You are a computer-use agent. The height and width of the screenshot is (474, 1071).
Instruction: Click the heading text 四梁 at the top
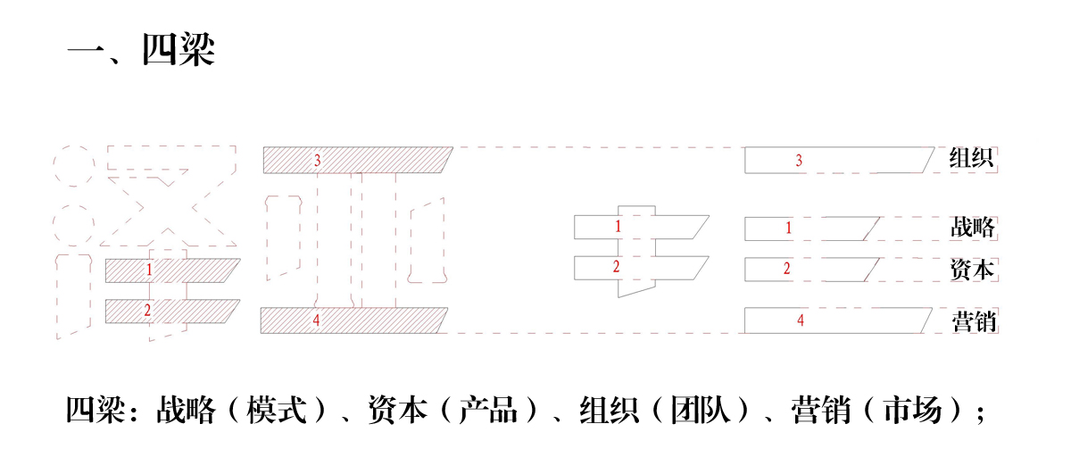tap(178, 49)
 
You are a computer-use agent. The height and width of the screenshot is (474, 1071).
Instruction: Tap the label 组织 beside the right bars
tap(971, 158)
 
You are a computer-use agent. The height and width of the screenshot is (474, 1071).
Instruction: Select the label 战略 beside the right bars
tap(973, 228)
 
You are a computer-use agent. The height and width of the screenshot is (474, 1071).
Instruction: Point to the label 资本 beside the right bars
tap(972, 270)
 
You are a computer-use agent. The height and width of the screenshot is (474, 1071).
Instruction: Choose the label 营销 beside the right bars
tap(974, 321)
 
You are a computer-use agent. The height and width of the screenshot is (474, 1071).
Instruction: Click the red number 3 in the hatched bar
tap(318, 161)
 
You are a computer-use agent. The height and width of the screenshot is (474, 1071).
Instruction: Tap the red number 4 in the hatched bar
tap(316, 320)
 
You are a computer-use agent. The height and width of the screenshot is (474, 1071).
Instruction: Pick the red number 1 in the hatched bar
tap(149, 270)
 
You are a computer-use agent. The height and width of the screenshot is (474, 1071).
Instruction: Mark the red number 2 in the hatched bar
tap(147, 311)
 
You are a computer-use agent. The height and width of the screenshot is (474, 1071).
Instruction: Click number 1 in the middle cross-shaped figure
tap(618, 226)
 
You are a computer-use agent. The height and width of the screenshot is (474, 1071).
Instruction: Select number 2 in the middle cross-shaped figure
tap(617, 266)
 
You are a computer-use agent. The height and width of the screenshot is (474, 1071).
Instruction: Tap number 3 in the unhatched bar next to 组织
tap(799, 161)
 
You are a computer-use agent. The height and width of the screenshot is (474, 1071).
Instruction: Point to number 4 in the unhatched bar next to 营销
tap(801, 320)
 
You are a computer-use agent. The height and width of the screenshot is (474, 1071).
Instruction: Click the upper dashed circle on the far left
tap(73, 166)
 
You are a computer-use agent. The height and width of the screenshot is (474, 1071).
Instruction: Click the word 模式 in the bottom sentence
tap(277, 410)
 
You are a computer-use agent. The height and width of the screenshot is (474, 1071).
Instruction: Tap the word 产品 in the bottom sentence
tap(488, 410)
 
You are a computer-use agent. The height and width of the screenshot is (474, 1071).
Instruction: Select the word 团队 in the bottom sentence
tap(701, 410)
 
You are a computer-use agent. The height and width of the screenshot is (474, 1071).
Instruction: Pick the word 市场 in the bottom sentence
tap(912, 410)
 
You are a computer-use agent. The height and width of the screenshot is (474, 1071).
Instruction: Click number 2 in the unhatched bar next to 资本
tap(786, 269)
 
